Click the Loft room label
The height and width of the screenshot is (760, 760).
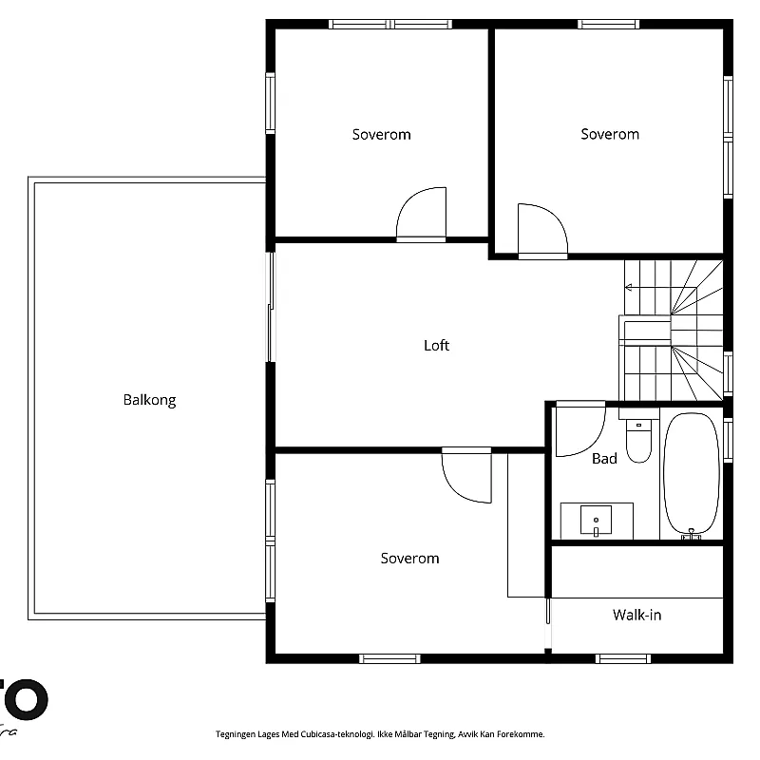tap(436, 346)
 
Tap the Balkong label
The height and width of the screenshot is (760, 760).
tap(149, 400)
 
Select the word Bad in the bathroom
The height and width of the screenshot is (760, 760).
tap(604, 459)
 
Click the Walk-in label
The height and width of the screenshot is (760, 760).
tap(636, 615)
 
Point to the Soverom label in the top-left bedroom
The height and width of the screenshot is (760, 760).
tap(381, 135)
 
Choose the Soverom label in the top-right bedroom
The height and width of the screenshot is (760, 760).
tap(610, 135)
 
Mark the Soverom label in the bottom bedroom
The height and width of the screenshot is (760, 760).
tap(409, 559)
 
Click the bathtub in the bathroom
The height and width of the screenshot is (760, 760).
tap(692, 474)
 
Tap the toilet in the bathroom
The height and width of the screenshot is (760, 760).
tap(638, 440)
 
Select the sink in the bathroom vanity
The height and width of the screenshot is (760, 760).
tap(597, 521)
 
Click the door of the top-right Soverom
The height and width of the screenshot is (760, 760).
tap(541, 232)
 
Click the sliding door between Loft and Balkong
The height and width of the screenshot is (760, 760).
tap(271, 306)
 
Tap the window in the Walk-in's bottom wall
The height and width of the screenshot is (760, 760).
tap(622, 657)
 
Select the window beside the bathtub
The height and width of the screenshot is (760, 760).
tap(728, 440)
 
